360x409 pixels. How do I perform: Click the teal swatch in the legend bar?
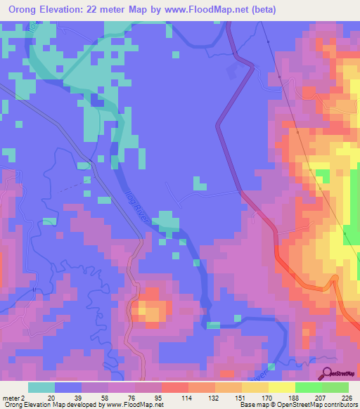(42, 387)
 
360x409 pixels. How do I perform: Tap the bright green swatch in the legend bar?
(309, 387)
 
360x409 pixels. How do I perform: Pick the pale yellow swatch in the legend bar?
(282, 387)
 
